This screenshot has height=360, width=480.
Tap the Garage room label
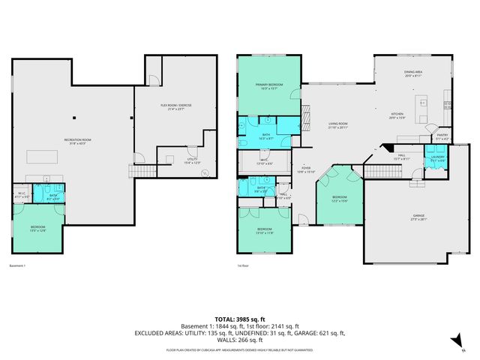[x=418, y=216]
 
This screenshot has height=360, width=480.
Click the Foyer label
[x=306, y=168]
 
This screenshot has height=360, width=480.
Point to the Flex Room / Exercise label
[x=177, y=105]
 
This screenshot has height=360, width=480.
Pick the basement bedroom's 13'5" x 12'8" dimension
[x=38, y=231]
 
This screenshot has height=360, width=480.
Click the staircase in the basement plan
[x=140, y=172]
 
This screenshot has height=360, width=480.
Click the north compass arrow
[x=455, y=340]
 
